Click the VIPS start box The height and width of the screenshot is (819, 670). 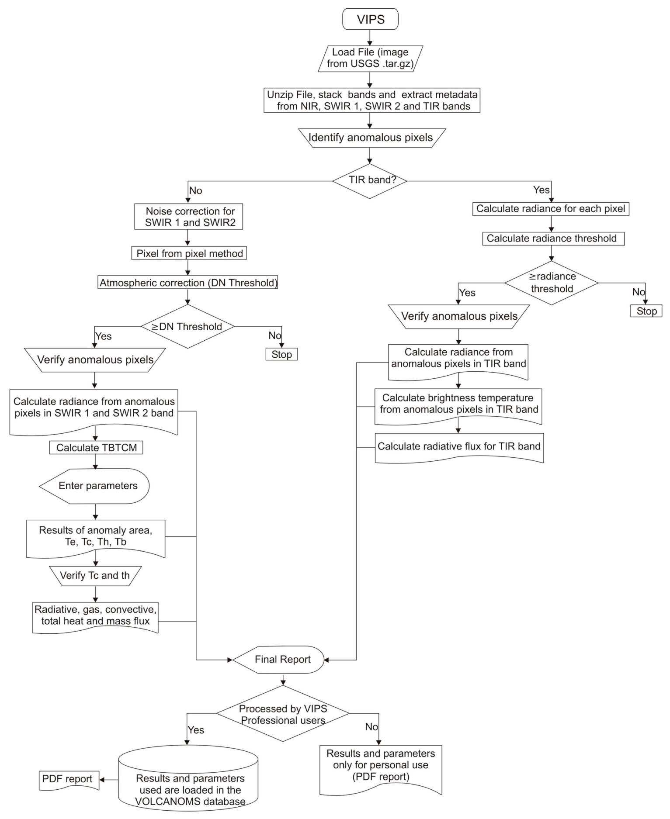coord(370,20)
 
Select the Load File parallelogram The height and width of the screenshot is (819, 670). coord(370,58)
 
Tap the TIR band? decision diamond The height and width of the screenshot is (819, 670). coord(370,180)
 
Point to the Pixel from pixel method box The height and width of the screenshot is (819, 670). coord(189,253)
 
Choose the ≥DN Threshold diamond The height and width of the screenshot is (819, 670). coord(187,326)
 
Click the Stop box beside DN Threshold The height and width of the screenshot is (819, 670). coord(281,354)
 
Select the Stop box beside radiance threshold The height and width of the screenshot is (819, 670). coord(646,311)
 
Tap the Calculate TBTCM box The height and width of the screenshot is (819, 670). coord(96,448)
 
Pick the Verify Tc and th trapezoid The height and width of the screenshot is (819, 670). coord(95,576)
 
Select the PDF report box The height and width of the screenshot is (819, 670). coord(69,779)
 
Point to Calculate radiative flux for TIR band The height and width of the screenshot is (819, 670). coord(459,446)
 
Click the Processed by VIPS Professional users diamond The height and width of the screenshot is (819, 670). coord(283,714)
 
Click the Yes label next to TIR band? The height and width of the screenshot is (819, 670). coord(541,190)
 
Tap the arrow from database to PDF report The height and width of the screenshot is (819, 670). coord(109,780)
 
